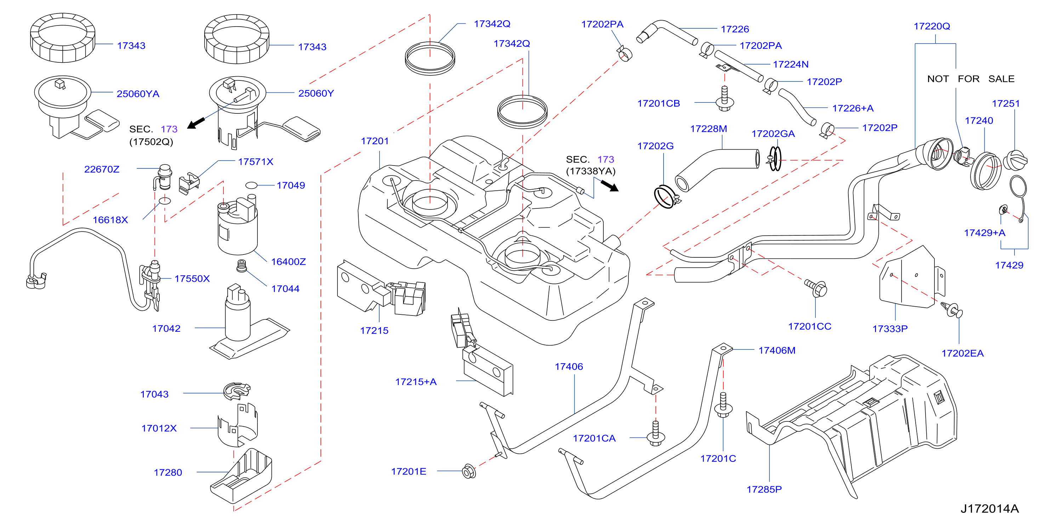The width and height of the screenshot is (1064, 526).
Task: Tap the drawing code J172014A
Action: (989, 509)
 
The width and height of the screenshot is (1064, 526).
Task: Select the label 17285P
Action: (764, 489)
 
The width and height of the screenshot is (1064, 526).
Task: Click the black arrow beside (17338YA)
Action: (610, 186)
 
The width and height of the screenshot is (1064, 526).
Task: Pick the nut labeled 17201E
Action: (469, 471)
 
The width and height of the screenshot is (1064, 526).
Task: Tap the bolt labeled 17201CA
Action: (655, 434)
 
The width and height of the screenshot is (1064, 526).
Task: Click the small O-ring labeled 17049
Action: (251, 185)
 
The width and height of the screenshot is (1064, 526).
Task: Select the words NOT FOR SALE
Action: (971, 79)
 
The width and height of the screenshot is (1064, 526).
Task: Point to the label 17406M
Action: (777, 350)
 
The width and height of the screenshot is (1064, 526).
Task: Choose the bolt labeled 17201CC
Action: (815, 287)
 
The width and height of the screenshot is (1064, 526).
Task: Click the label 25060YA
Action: (138, 94)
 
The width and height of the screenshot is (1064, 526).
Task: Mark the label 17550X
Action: (192, 279)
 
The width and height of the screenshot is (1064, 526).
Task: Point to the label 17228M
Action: (709, 129)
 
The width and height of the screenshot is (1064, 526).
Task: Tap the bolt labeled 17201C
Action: (723, 405)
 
